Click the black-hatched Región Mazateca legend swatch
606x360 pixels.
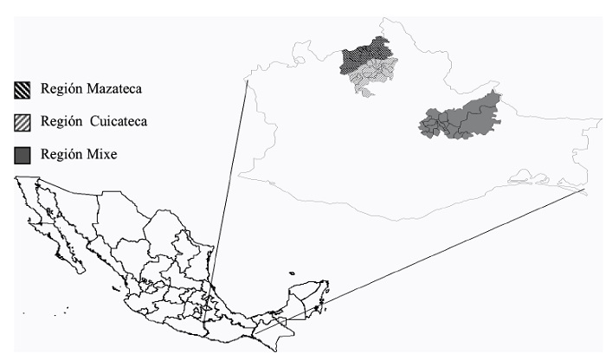pyautogui.click(x=23, y=89)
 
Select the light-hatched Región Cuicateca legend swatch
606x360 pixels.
pyautogui.click(x=23, y=122)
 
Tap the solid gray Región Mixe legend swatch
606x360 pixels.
pyautogui.click(x=23, y=155)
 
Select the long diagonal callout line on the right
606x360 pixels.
pyautogui.click(x=442, y=251)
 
